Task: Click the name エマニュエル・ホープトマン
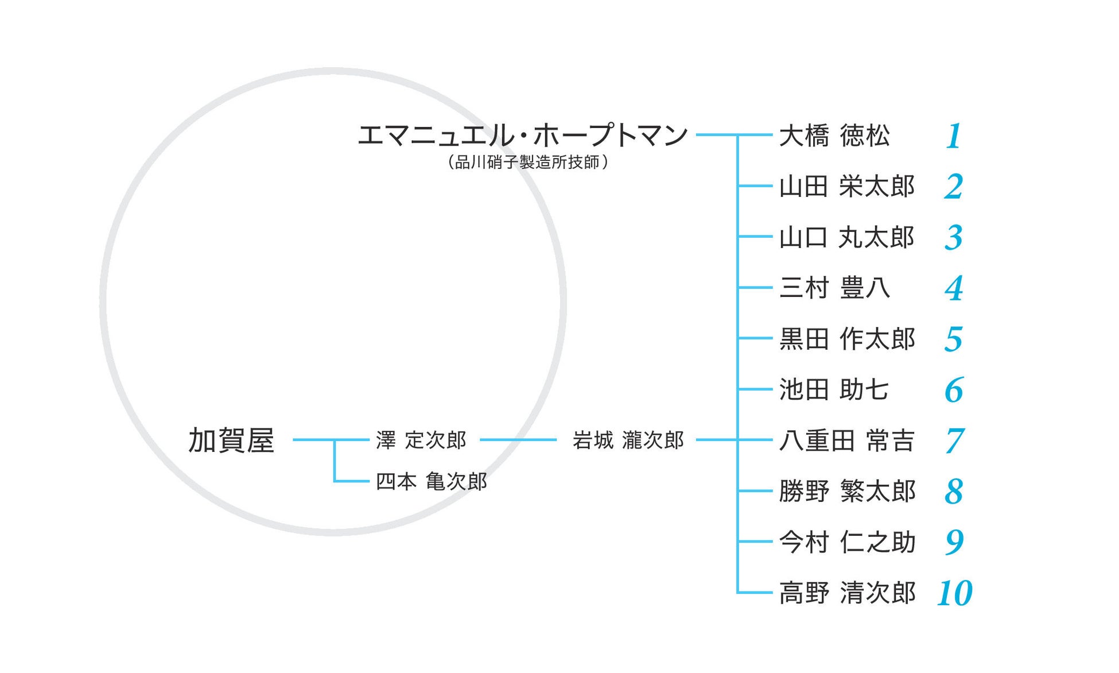point(522,136)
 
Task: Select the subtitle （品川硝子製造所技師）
point(527,163)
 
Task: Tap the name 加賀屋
point(231,440)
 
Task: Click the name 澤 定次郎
point(421,440)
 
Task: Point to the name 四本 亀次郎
point(431,481)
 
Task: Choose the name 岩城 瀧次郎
point(628,440)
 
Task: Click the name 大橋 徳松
point(834,136)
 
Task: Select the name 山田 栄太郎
point(846,187)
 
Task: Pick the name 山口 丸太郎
point(846,237)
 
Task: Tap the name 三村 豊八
point(834,288)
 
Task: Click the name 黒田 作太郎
point(846,339)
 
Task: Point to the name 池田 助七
point(833,389)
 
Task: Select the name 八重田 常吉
point(846,440)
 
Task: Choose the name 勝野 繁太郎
point(846,492)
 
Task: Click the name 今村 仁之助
point(846,542)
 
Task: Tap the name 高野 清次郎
point(846,593)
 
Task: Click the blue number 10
point(954,593)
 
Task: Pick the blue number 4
point(954,288)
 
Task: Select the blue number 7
point(954,441)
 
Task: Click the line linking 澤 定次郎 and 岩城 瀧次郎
point(518,440)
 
